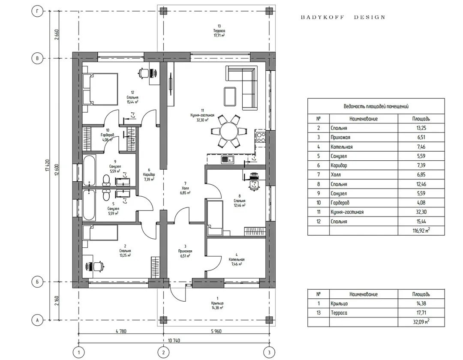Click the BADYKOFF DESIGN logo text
click(x=343, y=17)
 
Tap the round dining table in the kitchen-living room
click(x=228, y=131)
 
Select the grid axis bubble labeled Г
click(x=37, y=11)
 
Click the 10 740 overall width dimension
click(x=174, y=340)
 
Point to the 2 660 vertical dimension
click(x=56, y=35)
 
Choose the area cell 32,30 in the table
click(x=421, y=212)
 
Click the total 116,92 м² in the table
click(x=421, y=231)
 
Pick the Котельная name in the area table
click(x=342, y=147)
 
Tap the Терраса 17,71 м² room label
click(x=219, y=31)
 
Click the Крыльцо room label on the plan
click(x=217, y=303)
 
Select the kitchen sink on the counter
click(x=227, y=159)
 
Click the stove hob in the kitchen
click(x=261, y=137)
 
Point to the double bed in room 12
click(x=100, y=89)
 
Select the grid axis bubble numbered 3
click(x=269, y=352)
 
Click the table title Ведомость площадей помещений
click(x=376, y=106)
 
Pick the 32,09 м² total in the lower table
click(x=421, y=321)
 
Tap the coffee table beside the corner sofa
click(x=230, y=96)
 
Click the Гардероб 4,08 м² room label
click(x=107, y=135)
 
